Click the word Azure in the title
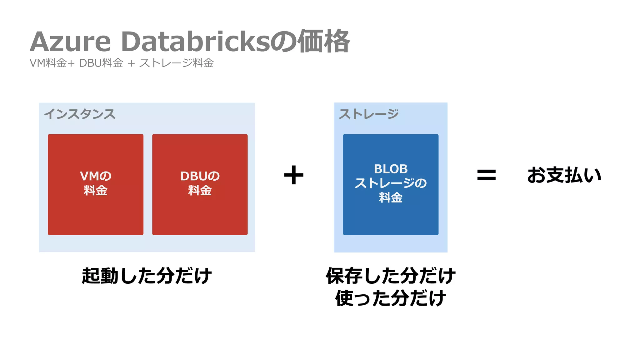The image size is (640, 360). [71, 42]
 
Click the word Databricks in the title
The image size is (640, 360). [195, 42]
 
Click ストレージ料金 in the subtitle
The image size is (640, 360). [176, 63]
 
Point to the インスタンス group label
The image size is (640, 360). [80, 114]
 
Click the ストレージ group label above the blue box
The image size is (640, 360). [369, 114]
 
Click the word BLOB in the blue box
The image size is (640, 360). [391, 169]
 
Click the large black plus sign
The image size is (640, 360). [294, 175]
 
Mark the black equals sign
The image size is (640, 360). [486, 175]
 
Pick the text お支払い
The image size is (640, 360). [564, 175]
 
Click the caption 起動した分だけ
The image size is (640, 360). [147, 276]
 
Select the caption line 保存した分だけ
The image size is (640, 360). [391, 276]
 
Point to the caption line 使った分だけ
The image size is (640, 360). [391, 298]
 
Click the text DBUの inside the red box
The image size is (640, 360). [200, 176]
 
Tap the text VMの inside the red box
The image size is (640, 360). [96, 176]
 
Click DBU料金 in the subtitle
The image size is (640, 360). [101, 63]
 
